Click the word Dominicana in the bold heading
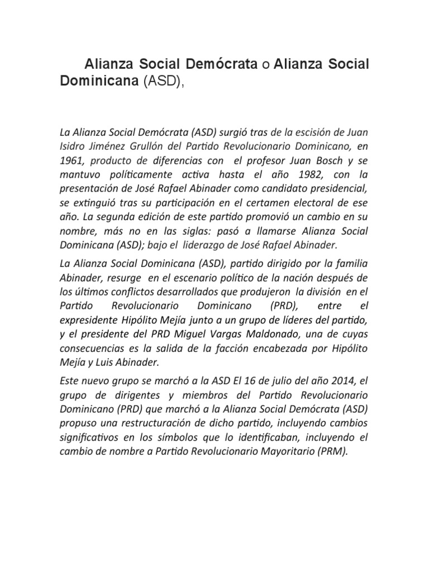(x=99, y=81)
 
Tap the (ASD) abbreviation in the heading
(x=163, y=81)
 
